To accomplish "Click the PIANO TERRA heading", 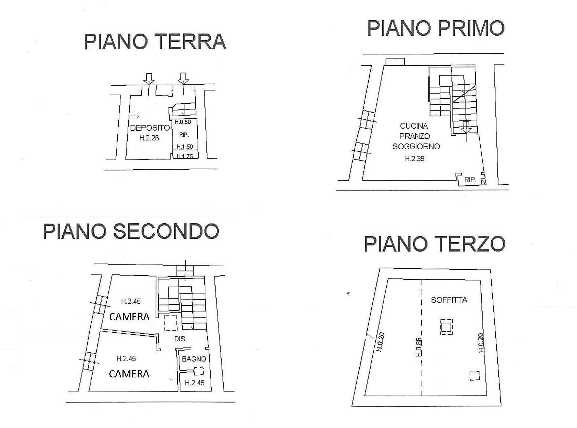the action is (x=155, y=42).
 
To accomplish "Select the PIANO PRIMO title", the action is (x=436, y=28).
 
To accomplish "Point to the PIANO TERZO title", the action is (x=435, y=244).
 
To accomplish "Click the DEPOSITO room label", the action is (x=150, y=128).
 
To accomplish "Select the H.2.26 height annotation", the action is (x=149, y=138).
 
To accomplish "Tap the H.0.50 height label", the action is (x=182, y=122).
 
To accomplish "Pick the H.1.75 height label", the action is (x=185, y=156).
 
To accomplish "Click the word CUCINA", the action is (x=414, y=126).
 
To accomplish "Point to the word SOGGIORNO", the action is (x=416, y=147).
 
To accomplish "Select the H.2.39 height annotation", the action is (x=414, y=159).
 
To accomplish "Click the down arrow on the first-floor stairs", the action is (x=466, y=127).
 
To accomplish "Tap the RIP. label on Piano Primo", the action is (x=470, y=180).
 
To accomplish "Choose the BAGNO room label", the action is (x=194, y=359).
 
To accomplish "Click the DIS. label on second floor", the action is (x=180, y=339).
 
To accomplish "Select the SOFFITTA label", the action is (x=449, y=300).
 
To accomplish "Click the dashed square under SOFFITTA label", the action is (x=447, y=326).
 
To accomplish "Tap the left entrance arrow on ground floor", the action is (x=149, y=79).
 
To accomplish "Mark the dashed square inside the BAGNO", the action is (x=199, y=371).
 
